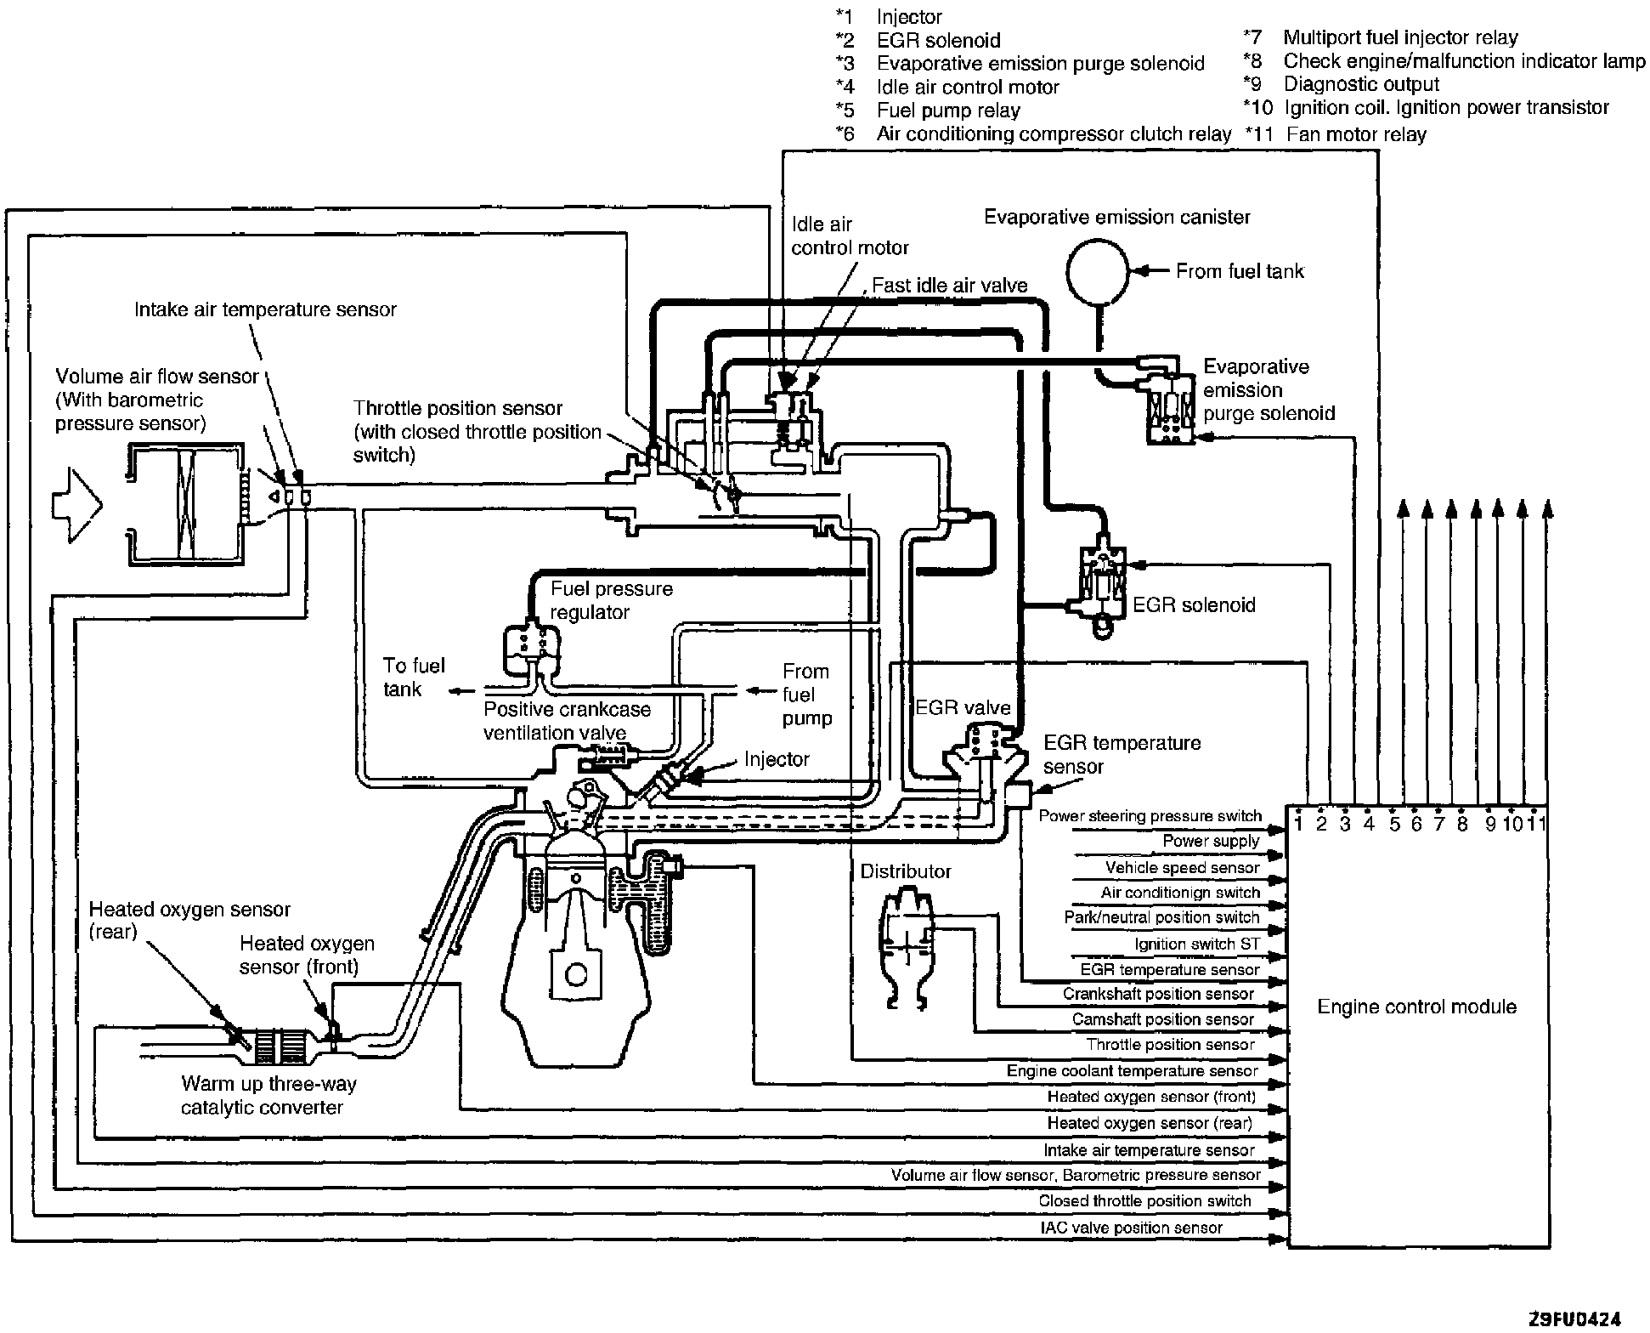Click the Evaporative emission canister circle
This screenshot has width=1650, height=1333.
[x=1098, y=271]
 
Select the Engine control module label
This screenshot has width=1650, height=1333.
[x=1416, y=1007]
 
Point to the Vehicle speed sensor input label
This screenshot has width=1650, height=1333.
[x=1181, y=868]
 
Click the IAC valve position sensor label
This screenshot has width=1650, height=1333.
[x=1131, y=1228]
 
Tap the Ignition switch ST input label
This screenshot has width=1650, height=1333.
[x=1196, y=944]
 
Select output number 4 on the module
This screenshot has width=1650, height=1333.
[x=1369, y=823]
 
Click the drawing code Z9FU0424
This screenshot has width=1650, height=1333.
[x=1574, y=1319]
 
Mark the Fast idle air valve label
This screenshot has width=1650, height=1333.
[x=949, y=286]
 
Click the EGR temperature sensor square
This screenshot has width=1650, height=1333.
[x=1016, y=794]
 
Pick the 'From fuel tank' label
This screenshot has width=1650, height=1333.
[x=1239, y=271]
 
